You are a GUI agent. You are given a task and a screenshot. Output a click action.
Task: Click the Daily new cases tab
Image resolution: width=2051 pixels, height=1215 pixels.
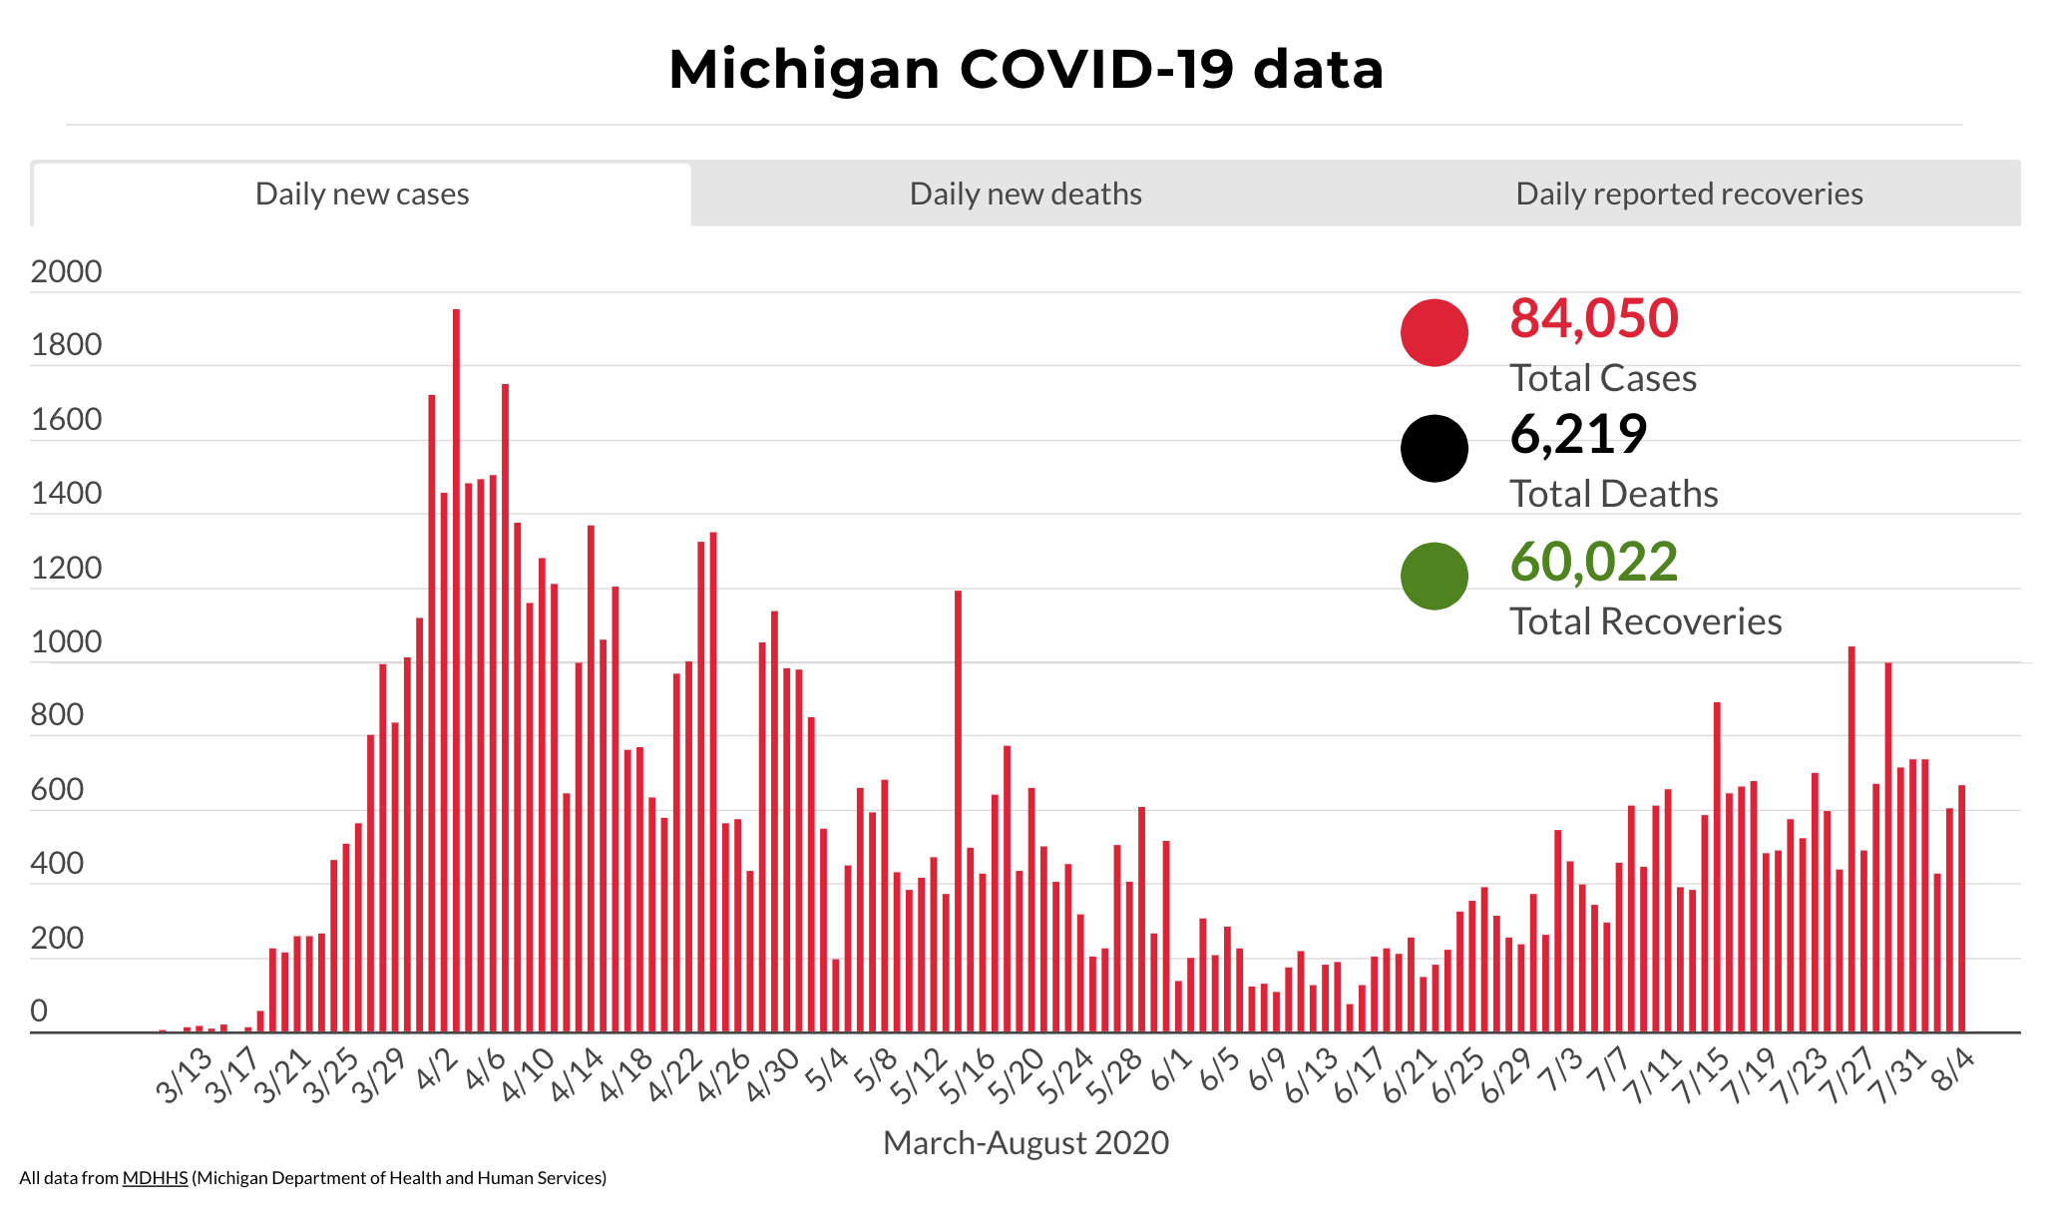pos(362,194)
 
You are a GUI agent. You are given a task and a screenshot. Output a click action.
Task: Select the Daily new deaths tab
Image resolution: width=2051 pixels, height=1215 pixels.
pos(1025,194)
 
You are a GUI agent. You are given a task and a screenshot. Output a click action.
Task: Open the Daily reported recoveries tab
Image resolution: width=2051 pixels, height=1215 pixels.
pos(1689,194)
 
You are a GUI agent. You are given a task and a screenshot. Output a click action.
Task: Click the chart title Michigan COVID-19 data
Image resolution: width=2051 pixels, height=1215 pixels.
pos(1025,70)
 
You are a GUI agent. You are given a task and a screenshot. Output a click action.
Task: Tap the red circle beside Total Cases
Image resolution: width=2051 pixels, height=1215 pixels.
pos(1434,332)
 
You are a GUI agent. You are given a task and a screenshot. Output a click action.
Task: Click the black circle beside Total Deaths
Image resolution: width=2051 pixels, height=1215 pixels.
pos(1434,448)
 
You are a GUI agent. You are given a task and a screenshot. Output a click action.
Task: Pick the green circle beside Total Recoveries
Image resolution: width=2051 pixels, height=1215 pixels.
pos(1434,576)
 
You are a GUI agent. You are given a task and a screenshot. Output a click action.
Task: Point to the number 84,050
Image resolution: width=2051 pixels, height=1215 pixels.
pos(1593,318)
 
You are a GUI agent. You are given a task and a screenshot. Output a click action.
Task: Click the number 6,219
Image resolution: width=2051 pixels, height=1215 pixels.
pos(1577,434)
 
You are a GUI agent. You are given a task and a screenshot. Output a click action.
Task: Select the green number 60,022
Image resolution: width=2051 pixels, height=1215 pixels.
pos(1593,562)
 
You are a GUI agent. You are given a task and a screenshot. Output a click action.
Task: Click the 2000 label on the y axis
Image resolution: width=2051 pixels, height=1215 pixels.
pos(66,271)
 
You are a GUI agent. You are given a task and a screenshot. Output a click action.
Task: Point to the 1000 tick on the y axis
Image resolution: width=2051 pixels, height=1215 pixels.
pos(66,641)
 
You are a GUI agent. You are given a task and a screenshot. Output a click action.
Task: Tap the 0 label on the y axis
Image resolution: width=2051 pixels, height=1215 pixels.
pos(39,1012)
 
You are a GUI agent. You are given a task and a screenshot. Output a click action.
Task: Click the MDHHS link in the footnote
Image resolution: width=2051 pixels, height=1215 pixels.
pos(155,1178)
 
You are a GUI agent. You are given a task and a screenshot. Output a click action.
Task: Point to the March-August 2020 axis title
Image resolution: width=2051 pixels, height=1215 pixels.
pos(1025,1143)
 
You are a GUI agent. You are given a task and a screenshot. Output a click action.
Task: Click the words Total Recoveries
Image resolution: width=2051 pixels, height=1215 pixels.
pos(1645,621)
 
